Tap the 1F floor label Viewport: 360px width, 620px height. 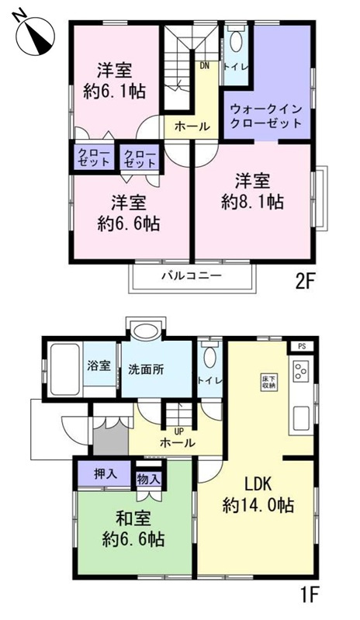click(x=309, y=596)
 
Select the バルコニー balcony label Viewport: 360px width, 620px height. click(x=192, y=275)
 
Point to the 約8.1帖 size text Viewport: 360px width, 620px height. click(x=252, y=203)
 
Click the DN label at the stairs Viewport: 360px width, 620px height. click(x=204, y=66)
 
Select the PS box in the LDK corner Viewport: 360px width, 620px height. click(x=303, y=346)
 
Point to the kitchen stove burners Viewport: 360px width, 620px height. click(x=301, y=372)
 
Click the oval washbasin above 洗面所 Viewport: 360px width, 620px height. click(x=144, y=332)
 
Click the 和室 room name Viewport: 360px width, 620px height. click(x=134, y=518)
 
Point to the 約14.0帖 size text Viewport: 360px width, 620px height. click(x=258, y=504)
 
